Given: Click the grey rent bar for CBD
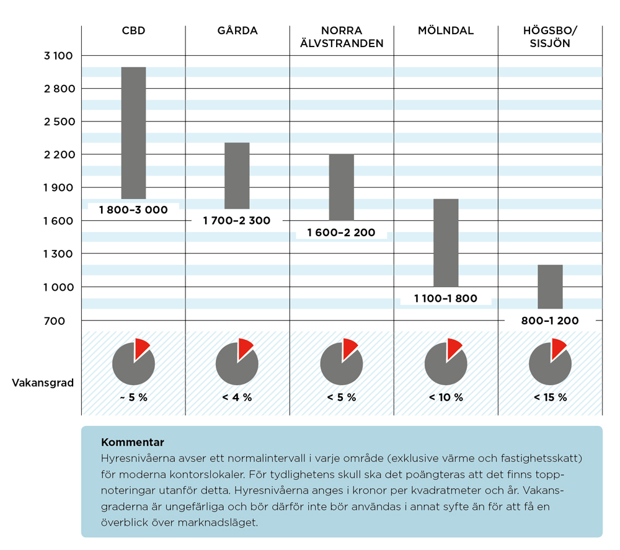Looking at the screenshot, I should coord(133,133).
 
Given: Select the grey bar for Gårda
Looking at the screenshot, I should coord(237,175).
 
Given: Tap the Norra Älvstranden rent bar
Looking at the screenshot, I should coord(341,187).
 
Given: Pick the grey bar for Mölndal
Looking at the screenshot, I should coord(445,242).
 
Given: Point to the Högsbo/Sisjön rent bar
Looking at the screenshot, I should coord(549,286).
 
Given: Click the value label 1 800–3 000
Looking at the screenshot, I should coord(133,210).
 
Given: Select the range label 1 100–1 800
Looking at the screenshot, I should coord(446,298).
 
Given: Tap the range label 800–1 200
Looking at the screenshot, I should coord(549,321).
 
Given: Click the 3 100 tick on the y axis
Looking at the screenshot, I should coord(58,56).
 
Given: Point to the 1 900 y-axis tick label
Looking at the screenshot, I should coord(58,188).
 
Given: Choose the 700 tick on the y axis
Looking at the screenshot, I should coord(64,321).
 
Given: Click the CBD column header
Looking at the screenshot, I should coord(133,30).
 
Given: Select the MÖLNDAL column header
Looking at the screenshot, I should coord(445,30).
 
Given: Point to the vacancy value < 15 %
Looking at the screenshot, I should coord(550,397).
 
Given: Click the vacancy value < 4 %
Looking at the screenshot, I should coord(237,397).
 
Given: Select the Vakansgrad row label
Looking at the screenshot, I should coord(43,383).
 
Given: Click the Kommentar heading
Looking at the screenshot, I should coord(132,443).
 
